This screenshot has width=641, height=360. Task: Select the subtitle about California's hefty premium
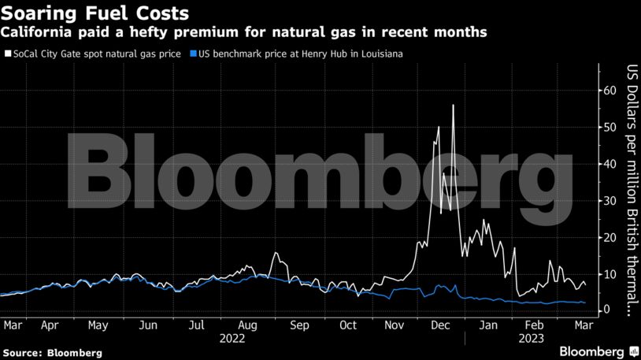click(x=245, y=32)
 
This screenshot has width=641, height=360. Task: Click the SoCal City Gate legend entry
click(x=94, y=54)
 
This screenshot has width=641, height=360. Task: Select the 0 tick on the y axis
click(x=608, y=310)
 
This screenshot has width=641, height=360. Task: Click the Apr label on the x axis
click(x=49, y=325)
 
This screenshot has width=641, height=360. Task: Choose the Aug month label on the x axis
click(x=248, y=325)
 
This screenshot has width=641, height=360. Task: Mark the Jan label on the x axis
click(x=489, y=325)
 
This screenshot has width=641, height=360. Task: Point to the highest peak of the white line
click(x=453, y=106)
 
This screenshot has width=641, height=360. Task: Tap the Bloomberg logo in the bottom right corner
click(x=592, y=350)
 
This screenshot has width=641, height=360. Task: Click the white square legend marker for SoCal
click(x=7, y=54)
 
